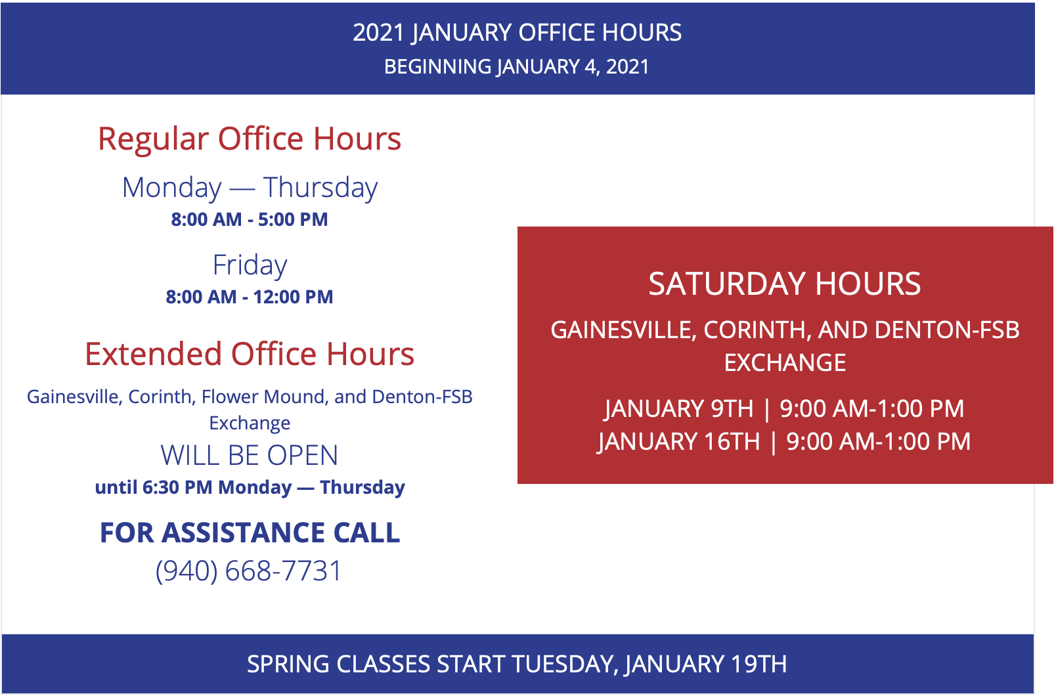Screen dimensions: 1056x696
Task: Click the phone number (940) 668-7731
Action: tap(248, 571)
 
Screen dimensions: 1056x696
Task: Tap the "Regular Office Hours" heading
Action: tap(250, 139)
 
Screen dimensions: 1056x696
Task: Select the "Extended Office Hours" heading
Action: tap(250, 354)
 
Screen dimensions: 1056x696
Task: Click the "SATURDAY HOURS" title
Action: tap(785, 284)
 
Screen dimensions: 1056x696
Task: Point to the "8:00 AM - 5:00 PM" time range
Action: tap(250, 219)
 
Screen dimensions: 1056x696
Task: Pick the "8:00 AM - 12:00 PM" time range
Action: tap(250, 297)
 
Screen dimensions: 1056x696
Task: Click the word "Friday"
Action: tap(250, 265)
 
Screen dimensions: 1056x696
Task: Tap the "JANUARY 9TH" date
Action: tap(679, 408)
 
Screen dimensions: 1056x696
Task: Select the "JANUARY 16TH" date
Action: tap(679, 442)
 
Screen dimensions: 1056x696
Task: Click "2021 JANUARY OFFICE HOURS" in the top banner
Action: tap(517, 33)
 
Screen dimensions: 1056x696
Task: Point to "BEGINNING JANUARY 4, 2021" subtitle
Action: tap(517, 67)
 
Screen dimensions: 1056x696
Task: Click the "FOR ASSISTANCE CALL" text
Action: tap(250, 533)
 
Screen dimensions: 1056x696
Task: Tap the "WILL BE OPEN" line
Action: tap(250, 455)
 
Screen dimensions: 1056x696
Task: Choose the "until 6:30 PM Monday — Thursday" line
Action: tap(250, 487)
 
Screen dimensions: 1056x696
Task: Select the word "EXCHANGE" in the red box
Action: tap(785, 363)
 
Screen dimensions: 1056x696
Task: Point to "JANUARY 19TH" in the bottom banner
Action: tap(706, 664)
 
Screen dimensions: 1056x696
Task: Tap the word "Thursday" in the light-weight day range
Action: tap(320, 188)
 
